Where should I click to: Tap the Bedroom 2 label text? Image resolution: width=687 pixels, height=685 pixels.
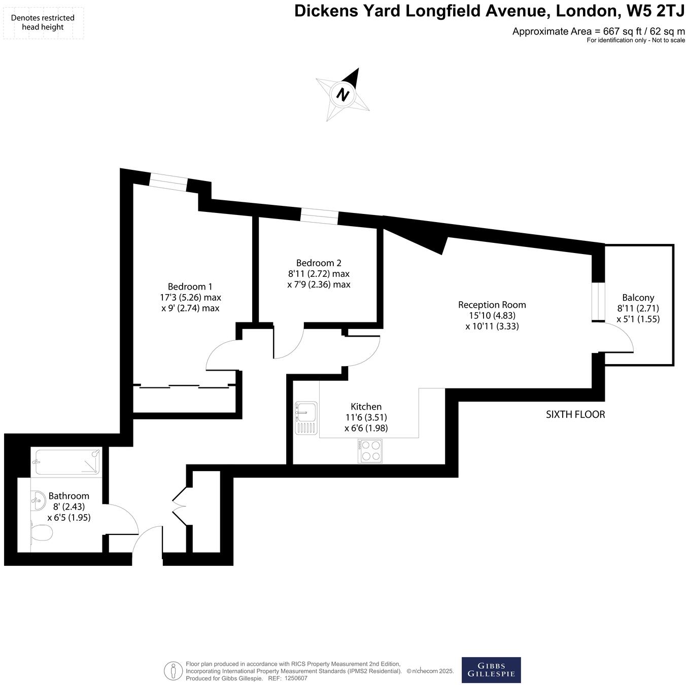pos(319,263)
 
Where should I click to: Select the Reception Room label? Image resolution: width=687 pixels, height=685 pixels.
pos(492,305)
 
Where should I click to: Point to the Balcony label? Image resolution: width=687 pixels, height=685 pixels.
pos(638,298)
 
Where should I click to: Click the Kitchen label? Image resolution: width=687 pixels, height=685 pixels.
pos(366,407)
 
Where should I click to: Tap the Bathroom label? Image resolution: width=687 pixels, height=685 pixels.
pos(68,496)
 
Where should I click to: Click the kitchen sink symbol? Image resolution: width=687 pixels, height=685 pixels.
pos(306,418)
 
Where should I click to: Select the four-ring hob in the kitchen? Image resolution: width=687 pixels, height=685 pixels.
pos(370,451)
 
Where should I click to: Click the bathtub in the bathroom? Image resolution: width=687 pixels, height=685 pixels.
pos(66,462)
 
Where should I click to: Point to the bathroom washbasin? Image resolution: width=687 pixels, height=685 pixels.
pos(38,502)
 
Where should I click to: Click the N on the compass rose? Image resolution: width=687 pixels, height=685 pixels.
pos(343,94)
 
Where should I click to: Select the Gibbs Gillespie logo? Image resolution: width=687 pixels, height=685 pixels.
pos(491,670)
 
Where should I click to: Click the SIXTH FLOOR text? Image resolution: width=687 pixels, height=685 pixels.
pos(575,414)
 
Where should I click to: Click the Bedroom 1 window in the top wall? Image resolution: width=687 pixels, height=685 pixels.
pos(168,183)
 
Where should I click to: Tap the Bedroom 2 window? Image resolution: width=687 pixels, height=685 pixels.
pos(319,216)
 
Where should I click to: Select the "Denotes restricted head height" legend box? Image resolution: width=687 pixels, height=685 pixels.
pos(43,23)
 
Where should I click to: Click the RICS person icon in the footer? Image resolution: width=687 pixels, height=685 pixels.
pos(173,671)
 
